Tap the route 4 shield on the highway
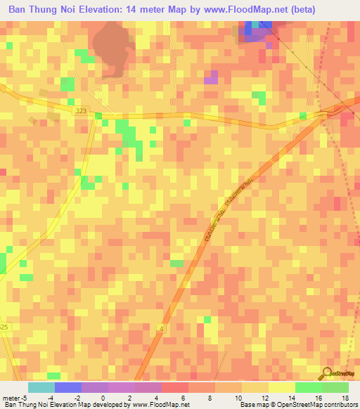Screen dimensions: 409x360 coord(162,329)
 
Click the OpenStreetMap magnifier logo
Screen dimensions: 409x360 coord(327,374)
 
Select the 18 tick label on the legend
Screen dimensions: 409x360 coord(345,398)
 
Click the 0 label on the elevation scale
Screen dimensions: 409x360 coord(103,398)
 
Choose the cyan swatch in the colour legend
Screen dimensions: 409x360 coord(41,387)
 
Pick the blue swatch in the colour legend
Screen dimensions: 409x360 coord(68,387)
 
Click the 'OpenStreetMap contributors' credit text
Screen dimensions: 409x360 coord(321,405)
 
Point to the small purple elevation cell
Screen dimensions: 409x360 coord(210,77)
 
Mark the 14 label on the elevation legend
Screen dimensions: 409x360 coord(291,398)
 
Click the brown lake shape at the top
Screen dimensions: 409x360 coord(113,48)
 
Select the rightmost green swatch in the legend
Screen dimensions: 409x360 coord(335,387)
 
